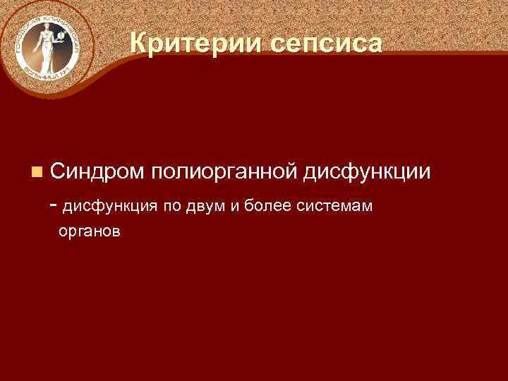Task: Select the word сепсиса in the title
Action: coord(325,44)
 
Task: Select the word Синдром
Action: coord(97,171)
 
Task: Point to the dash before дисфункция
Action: coord(56,205)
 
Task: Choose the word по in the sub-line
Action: coord(172,207)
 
